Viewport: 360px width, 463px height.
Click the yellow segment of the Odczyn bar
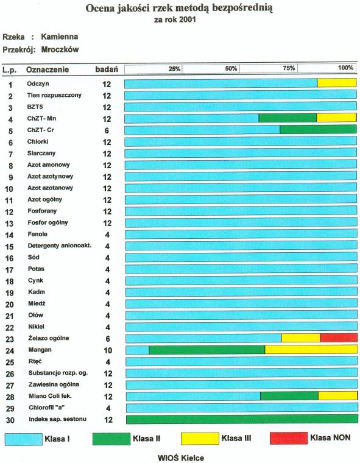(x=337, y=83)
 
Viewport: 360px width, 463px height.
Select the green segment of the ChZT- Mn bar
(x=288, y=118)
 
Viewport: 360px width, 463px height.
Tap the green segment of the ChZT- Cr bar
(x=318, y=130)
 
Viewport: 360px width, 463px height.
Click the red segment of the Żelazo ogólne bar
(x=339, y=338)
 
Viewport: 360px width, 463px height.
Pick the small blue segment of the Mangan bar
(x=137, y=350)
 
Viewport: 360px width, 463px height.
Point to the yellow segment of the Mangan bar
(x=311, y=350)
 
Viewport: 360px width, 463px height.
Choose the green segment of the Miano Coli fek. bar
(x=289, y=396)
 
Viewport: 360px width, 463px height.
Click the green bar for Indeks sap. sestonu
(x=242, y=419)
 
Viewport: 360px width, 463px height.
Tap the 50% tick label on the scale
(x=231, y=68)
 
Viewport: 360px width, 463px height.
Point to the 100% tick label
(x=345, y=68)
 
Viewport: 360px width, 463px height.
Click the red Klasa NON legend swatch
(x=289, y=438)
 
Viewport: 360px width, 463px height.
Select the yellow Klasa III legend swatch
(x=200, y=438)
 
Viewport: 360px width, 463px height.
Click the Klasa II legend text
(x=146, y=438)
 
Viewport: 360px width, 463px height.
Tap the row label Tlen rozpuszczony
(x=54, y=95)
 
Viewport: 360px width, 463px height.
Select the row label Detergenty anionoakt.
(x=59, y=246)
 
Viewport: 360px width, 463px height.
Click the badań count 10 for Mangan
(x=108, y=350)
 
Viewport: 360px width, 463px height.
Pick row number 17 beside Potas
(x=10, y=270)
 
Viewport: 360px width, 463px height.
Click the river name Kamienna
(x=59, y=37)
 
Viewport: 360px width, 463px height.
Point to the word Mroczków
(x=60, y=49)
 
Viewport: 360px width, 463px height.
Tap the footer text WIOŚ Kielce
(x=181, y=458)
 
